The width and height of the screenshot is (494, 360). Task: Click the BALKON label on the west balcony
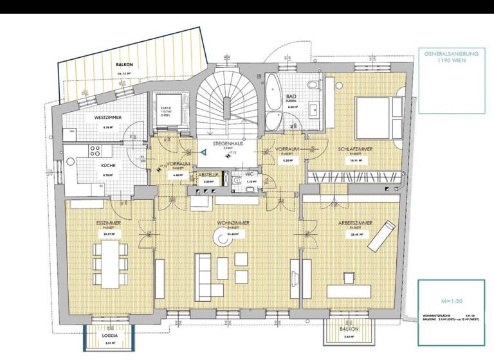125,66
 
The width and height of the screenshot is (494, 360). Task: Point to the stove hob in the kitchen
95,151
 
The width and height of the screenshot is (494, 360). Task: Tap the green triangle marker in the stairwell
203,152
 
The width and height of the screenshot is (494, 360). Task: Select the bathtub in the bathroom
274,102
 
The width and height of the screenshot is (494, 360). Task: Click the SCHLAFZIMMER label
355,148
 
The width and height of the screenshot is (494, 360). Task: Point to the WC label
250,174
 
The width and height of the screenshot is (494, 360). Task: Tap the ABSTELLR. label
209,174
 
